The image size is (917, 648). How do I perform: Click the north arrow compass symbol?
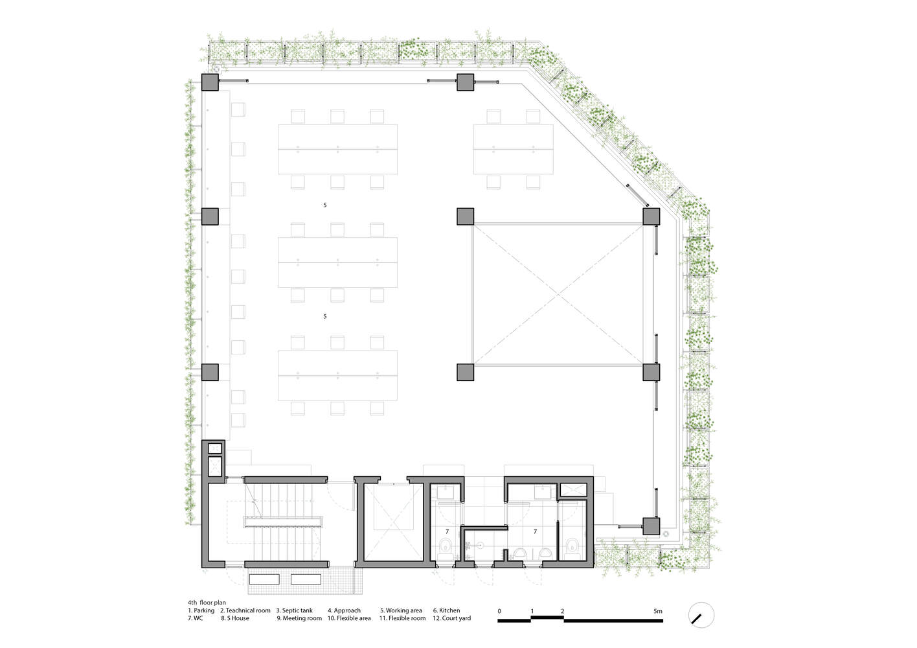coord(701,615)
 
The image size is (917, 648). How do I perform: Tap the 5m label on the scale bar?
coord(657,611)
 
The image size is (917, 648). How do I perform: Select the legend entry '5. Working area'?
coord(401,610)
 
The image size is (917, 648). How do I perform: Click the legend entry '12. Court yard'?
coord(451,618)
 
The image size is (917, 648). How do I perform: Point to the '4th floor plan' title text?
coord(207,603)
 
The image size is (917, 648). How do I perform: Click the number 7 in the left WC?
coord(447,531)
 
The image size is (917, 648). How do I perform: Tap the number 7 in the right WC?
coord(535,531)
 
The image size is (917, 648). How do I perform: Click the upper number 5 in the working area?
coord(325,205)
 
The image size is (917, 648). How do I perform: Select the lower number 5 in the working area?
coord(325,316)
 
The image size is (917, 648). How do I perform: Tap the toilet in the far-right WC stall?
coord(572,546)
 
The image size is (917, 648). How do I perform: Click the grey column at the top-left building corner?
coord(210,82)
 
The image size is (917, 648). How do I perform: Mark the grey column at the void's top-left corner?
coord(465,216)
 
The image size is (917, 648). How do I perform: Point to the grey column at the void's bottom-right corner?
coord(651,372)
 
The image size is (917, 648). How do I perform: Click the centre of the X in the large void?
coord(558,295)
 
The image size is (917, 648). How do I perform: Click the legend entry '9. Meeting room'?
coord(299,618)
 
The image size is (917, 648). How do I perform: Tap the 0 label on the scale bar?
coord(499,611)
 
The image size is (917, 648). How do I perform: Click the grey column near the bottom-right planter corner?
coord(651,526)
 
